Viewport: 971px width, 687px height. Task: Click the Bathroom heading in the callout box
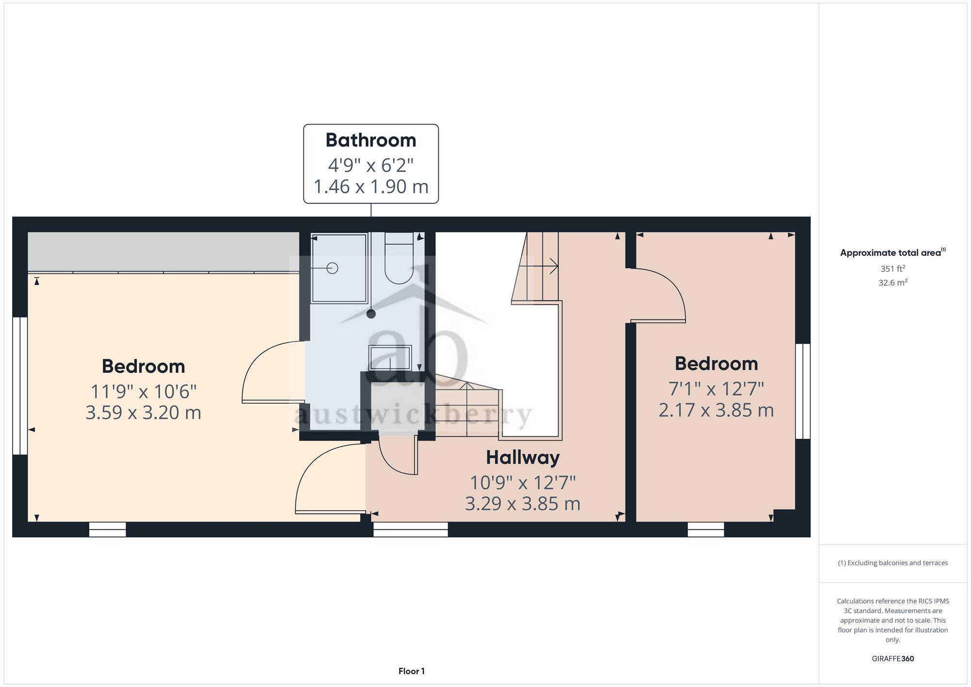click(x=371, y=140)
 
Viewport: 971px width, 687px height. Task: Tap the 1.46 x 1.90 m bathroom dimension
click(x=371, y=186)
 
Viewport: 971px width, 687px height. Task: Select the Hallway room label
click(x=522, y=457)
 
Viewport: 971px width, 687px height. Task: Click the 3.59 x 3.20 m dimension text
click(x=143, y=413)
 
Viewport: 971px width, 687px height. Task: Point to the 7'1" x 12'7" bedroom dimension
click(x=716, y=389)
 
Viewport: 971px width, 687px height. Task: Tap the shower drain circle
click(x=332, y=268)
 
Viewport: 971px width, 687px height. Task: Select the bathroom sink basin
click(x=390, y=358)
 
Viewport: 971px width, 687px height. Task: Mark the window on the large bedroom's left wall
click(x=20, y=385)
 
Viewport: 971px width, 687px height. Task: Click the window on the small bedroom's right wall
click(x=803, y=391)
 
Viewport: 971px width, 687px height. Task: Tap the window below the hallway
click(x=410, y=529)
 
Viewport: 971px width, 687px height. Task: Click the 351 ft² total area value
click(x=892, y=268)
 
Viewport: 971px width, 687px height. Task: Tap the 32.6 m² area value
click(x=892, y=283)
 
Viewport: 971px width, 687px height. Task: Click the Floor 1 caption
click(x=411, y=671)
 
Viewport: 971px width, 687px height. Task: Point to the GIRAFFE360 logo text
click(x=892, y=659)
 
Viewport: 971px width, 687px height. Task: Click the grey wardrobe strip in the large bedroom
click(x=163, y=251)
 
